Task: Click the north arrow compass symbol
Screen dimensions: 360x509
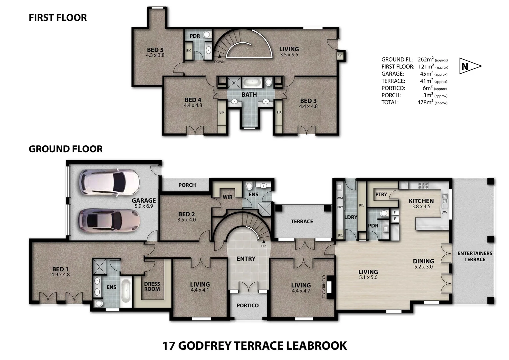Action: [x=470, y=66]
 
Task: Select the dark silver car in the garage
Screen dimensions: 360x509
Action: [x=109, y=221]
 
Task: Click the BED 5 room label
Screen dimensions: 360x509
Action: [x=155, y=50]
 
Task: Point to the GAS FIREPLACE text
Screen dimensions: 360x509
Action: [x=323, y=287]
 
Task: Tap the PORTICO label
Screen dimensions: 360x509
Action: [x=248, y=305]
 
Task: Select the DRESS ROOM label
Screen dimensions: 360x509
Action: [x=152, y=286]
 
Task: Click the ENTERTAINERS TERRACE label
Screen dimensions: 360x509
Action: [x=475, y=256]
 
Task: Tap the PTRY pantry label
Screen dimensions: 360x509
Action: [x=381, y=194]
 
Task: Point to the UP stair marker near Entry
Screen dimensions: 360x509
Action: [x=263, y=246]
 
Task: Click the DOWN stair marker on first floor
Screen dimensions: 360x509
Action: [x=219, y=62]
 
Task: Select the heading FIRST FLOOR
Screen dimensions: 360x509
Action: [x=58, y=18]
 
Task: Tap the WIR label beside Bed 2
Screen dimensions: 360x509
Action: [x=228, y=197]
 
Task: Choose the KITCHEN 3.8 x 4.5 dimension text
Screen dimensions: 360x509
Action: [x=421, y=206]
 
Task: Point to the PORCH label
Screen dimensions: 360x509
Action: [x=187, y=185]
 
